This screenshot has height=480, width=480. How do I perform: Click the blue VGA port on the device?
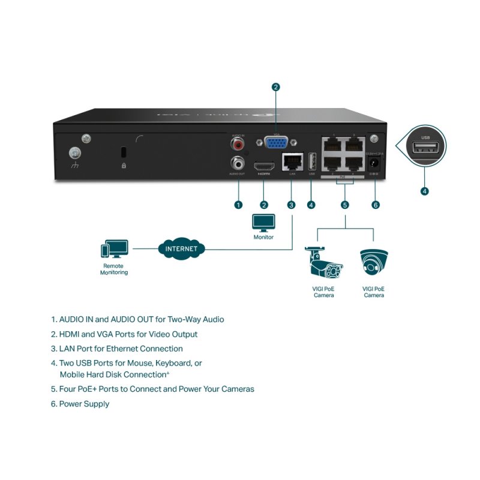point(275,143)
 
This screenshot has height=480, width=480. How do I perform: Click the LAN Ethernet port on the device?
point(292,162)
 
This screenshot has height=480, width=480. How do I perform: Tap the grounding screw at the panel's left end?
point(75,153)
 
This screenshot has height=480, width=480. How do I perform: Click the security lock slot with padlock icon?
point(124,151)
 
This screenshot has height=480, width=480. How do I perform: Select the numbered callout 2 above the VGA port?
point(275,87)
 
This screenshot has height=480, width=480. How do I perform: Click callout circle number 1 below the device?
point(238,205)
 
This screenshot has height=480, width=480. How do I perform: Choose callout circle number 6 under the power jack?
point(376,205)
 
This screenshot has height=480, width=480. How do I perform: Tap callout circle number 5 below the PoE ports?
point(345,205)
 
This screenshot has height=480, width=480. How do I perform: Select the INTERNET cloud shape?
point(181,248)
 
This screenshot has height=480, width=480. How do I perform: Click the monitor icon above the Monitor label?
point(263,223)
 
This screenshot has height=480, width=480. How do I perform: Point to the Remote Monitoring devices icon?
point(114,249)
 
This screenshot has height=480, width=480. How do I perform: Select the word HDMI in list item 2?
point(70,334)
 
